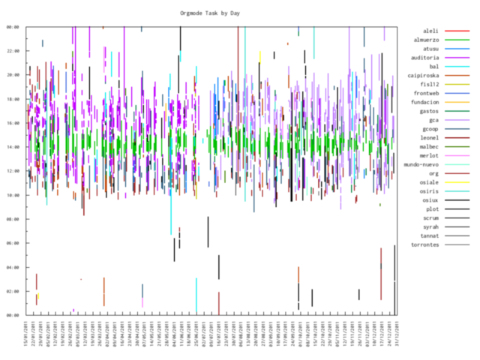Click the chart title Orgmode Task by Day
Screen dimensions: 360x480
tap(214, 13)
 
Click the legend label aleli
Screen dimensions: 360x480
tap(430, 31)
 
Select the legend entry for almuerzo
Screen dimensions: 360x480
tap(424, 40)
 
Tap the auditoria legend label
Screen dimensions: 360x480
tap(424, 58)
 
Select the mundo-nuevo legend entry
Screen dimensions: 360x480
tap(421, 164)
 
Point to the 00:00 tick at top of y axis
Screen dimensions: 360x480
tap(13, 27)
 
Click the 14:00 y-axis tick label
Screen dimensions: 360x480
tap(13, 147)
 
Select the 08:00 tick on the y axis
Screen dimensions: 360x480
tap(13, 219)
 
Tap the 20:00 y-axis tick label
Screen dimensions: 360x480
tap(13, 75)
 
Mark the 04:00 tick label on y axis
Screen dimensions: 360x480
tap(13, 267)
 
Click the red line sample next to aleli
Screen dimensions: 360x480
tap(457, 31)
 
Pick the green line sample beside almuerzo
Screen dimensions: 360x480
tap(457, 40)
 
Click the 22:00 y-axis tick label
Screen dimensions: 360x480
tap(13, 51)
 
